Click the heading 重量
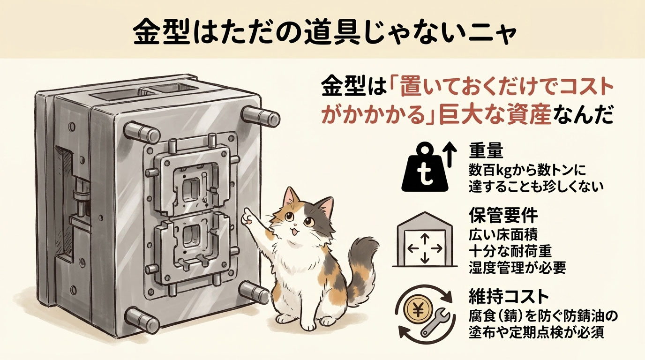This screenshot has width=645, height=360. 486,151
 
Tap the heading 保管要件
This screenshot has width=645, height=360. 503,215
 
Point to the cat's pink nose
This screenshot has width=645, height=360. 296,225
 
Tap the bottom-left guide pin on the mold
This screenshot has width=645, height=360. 142,320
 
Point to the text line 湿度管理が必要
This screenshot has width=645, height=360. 517,268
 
